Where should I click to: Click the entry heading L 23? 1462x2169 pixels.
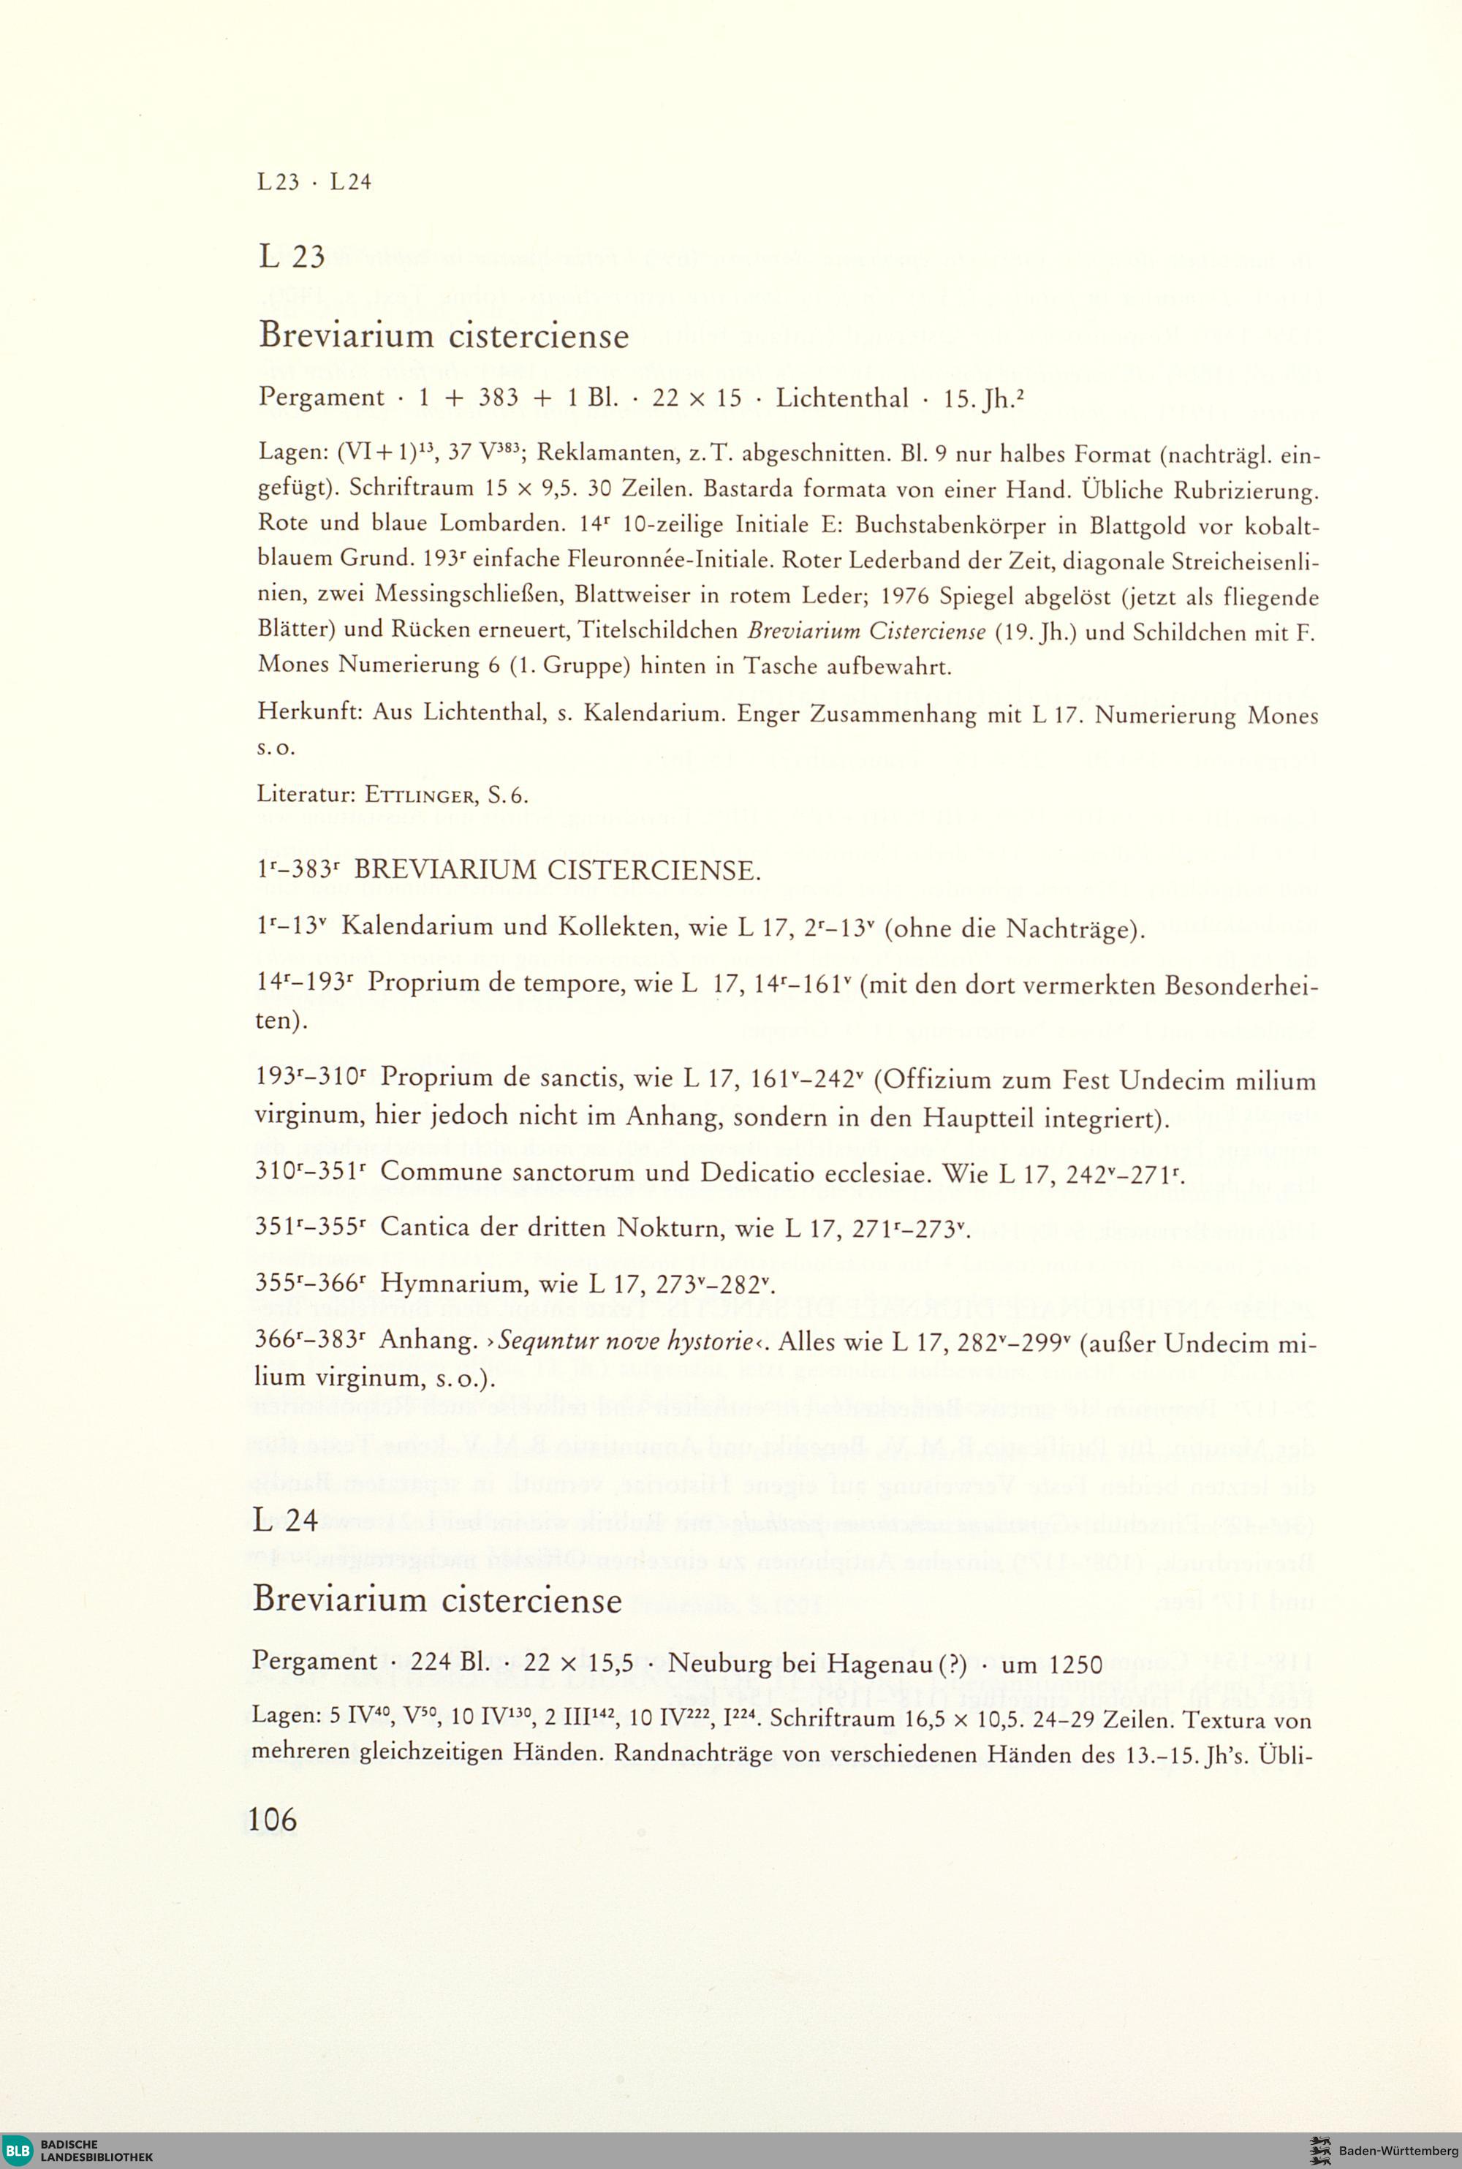click(x=292, y=257)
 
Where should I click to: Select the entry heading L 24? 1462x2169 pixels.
click(x=285, y=1520)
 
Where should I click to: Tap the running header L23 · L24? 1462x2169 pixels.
click(x=314, y=182)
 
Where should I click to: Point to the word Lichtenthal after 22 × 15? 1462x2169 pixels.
click(x=842, y=399)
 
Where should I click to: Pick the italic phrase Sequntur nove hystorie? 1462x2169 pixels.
click(x=626, y=1343)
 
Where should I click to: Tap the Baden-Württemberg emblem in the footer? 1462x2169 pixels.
click(x=1319, y=2150)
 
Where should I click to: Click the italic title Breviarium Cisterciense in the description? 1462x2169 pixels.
click(x=866, y=632)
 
